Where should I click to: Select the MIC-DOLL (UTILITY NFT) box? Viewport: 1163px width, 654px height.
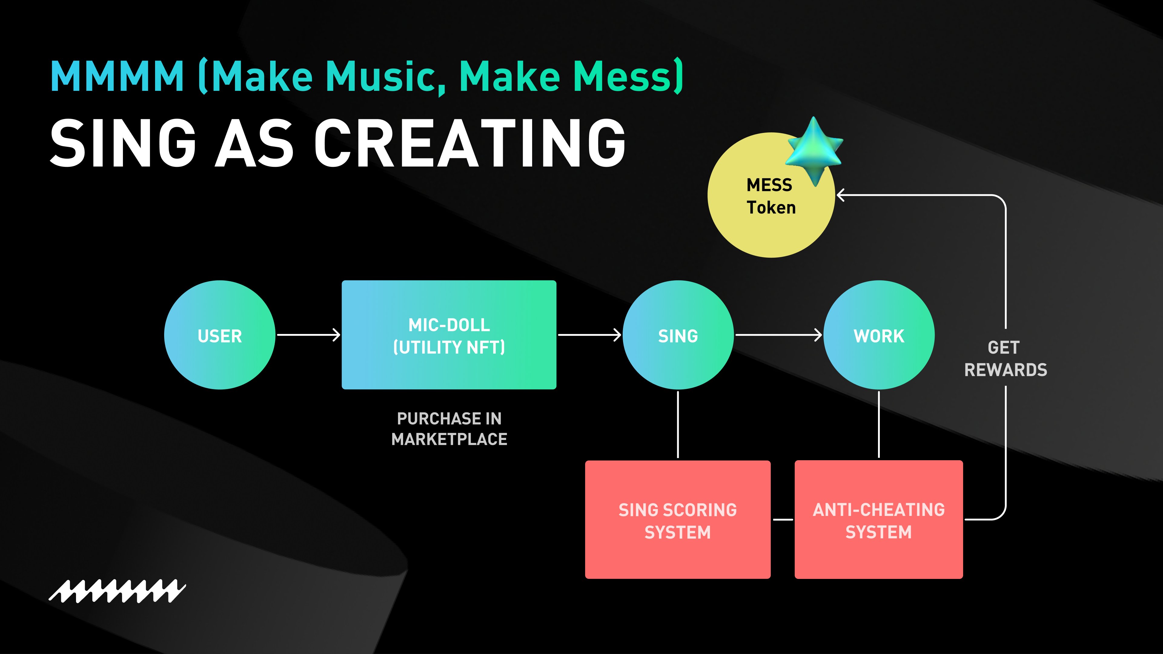coord(449,335)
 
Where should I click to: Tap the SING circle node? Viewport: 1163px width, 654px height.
coord(678,335)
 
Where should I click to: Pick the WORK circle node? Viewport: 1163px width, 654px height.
coord(879,335)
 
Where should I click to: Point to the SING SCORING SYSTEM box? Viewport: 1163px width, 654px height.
coord(678,520)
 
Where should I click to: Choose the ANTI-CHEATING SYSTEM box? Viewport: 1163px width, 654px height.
coord(879,520)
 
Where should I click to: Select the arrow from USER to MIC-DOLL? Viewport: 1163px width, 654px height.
coord(308,335)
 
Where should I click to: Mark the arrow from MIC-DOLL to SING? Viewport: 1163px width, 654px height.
coord(589,335)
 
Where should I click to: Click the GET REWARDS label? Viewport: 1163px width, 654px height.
coord(1006,358)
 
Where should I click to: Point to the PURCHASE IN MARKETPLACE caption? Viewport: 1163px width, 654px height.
coord(449,429)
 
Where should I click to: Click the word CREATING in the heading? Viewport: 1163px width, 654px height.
coord(469,144)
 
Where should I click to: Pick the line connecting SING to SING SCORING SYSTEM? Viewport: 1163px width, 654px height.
coord(678,424)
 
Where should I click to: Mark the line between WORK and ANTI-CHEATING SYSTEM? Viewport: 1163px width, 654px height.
coord(879,424)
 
